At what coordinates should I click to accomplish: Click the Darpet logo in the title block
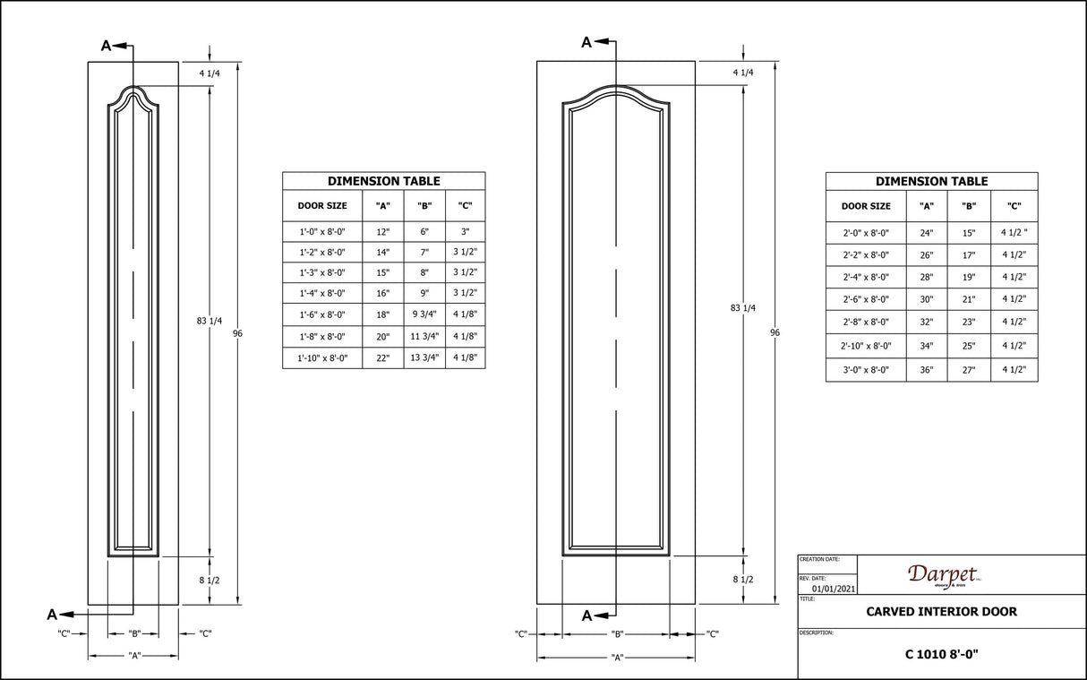tap(945, 576)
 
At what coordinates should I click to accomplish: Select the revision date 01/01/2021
tap(834, 589)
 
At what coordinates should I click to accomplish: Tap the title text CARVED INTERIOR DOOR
tap(941, 612)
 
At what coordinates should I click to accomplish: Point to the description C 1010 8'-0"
tap(941, 654)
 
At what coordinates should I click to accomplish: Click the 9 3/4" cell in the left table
tap(424, 314)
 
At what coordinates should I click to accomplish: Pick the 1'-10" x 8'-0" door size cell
tap(322, 358)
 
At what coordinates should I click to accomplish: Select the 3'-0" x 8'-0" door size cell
tap(866, 370)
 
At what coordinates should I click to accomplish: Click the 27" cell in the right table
tap(969, 370)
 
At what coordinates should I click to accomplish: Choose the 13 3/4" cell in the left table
tap(424, 358)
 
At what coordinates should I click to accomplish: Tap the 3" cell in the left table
tap(465, 232)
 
